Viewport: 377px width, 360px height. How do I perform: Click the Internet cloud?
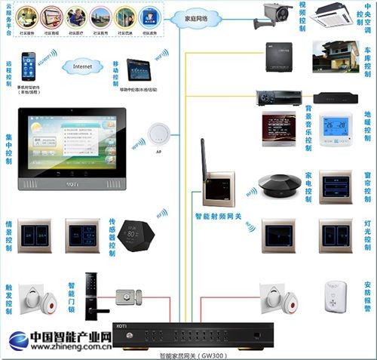82,66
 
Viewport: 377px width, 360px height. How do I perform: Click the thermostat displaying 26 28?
335,128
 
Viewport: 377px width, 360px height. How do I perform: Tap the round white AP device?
158,134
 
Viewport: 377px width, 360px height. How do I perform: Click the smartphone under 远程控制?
28,66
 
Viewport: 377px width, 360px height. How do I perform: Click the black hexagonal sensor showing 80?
136,235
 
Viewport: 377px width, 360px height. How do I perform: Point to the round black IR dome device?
275,183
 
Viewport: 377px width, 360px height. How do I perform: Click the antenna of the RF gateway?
204,158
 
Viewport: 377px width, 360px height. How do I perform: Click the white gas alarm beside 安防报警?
335,297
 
